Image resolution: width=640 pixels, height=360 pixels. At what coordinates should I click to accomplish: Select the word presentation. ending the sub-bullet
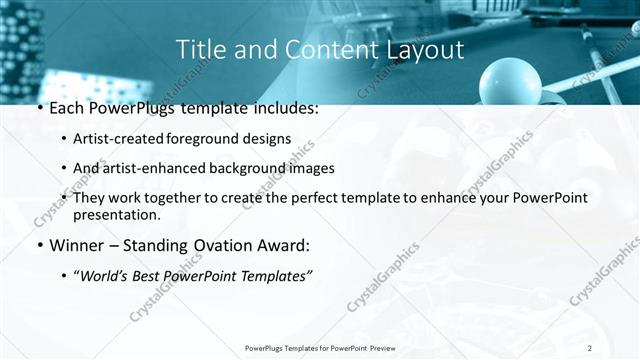point(117,214)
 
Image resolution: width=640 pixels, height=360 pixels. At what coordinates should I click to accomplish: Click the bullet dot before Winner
point(37,245)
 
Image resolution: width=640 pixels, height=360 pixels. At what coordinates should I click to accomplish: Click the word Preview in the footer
point(390,348)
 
